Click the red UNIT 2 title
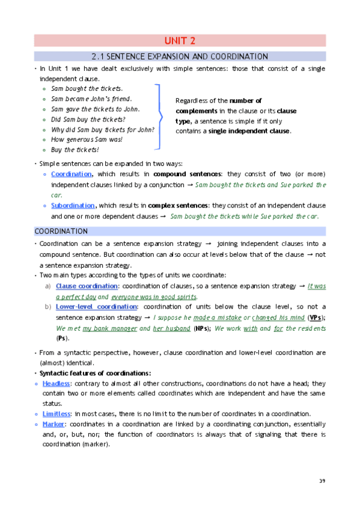180,41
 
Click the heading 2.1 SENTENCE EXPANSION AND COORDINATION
180,57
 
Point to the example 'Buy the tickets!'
75,150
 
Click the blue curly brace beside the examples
158,117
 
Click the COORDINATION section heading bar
180,231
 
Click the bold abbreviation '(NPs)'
202,328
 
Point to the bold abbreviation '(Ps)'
63,339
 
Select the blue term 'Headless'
56,383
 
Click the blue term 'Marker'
53,424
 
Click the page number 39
322,481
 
